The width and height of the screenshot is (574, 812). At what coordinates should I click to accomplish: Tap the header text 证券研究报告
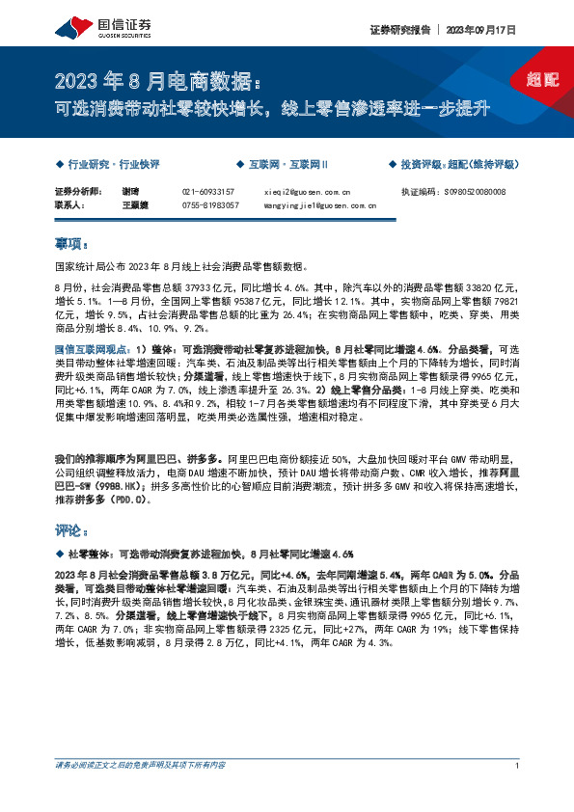click(x=396, y=30)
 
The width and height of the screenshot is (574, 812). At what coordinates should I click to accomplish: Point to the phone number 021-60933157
click(x=208, y=192)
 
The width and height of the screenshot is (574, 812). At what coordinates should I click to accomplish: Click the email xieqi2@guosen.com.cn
click(x=308, y=192)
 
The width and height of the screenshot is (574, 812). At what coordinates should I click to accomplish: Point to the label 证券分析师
click(x=77, y=192)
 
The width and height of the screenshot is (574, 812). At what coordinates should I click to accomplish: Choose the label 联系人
click(x=70, y=204)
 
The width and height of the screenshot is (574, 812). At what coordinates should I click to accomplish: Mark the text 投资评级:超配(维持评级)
click(x=457, y=165)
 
